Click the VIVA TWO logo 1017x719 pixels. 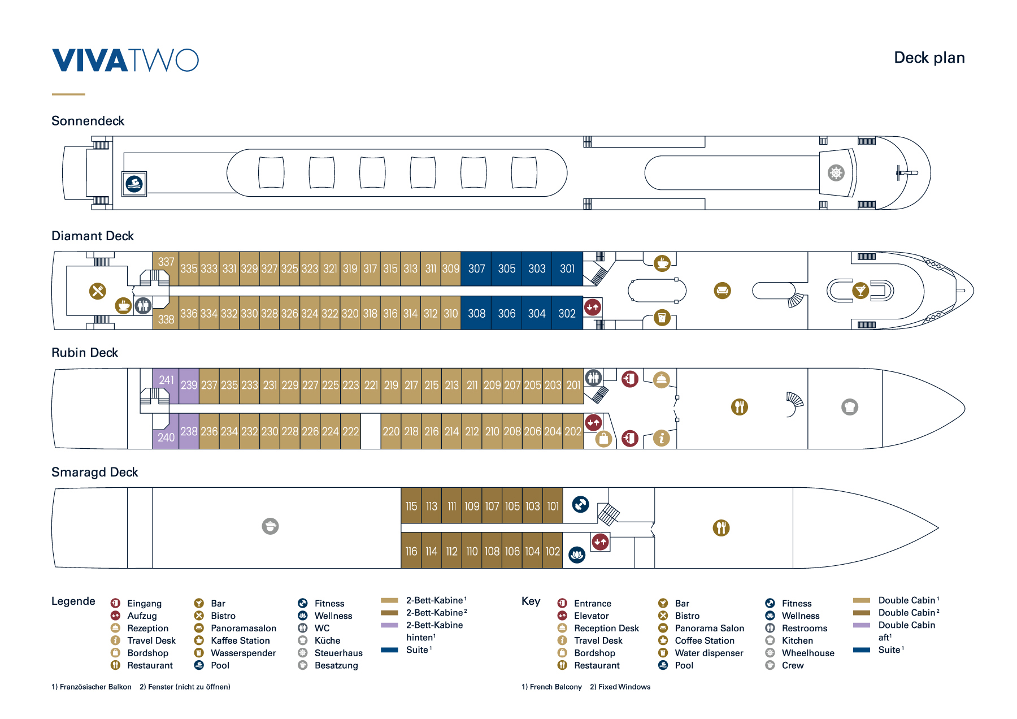(125, 60)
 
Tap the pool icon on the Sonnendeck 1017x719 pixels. (134, 184)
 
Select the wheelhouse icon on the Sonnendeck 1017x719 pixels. (836, 172)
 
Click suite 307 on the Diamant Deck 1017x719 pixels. (476, 268)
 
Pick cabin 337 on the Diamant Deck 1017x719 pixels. (166, 262)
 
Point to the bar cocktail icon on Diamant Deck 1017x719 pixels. (860, 291)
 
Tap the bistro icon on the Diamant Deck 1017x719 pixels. (98, 291)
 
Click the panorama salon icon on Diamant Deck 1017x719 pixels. (722, 291)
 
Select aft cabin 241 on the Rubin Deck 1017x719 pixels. (166, 380)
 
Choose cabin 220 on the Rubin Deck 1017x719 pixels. (391, 431)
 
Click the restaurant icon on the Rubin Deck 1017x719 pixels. (739, 406)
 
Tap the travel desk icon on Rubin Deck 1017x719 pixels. (661, 438)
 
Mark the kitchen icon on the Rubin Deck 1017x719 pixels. (850, 406)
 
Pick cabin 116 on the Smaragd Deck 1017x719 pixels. (411, 551)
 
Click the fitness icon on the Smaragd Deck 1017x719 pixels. (580, 504)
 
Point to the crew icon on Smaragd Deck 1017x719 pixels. (270, 526)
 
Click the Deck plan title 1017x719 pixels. (929, 58)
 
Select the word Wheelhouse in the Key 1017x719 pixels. (808, 653)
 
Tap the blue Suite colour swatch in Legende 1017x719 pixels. (389, 650)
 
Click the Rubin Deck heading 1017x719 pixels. (85, 353)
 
